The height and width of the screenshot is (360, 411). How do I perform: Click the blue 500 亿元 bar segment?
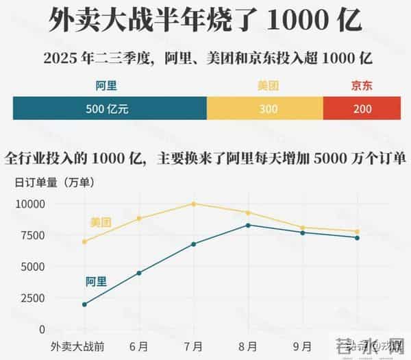pos(110,108)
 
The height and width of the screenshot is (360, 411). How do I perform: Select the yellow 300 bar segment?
pos(264,108)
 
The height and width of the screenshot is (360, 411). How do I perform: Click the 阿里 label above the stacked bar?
pos(108,86)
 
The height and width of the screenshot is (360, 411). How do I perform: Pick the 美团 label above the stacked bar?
pos(268,86)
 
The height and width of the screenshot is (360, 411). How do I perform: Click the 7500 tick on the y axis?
pos(32,235)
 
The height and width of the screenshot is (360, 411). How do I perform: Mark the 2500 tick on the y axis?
pos(32,298)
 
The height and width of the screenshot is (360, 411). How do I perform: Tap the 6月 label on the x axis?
pos(139,346)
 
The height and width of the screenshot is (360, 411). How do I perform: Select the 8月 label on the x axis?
pos(248,346)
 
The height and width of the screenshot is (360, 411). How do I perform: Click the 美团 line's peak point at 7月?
pos(194,204)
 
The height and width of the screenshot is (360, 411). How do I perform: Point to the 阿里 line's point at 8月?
pos(248,225)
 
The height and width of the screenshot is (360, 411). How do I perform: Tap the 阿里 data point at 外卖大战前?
pos(84,304)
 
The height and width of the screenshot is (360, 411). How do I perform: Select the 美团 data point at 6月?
pos(139,219)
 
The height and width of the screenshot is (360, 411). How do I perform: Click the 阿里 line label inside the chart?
pos(96,281)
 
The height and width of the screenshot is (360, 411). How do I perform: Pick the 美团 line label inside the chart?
pos(101,222)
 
